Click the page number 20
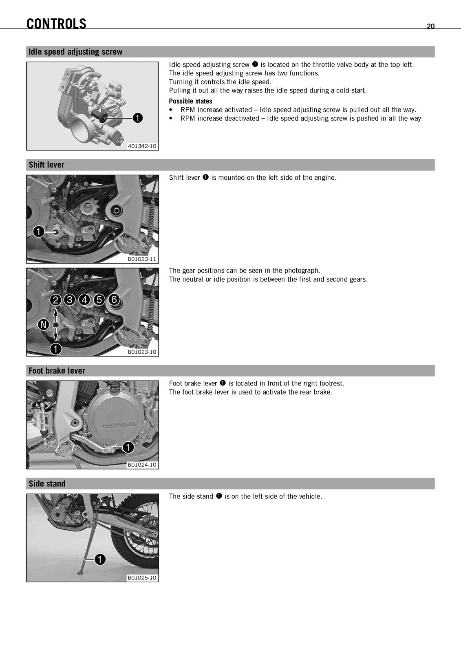click(430, 26)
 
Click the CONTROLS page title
click(56, 24)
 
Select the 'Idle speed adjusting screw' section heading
click(75, 52)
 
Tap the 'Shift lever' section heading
click(46, 165)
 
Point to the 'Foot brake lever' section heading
click(57, 370)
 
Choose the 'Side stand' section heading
click(47, 483)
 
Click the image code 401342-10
click(142, 146)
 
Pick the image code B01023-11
click(142, 259)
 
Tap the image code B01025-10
click(142, 577)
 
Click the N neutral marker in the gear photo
click(44, 324)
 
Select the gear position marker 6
click(114, 299)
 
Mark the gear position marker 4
click(84, 300)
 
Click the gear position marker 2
click(55, 300)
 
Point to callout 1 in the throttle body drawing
click(137, 118)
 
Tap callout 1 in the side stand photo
click(100, 559)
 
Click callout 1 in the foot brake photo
click(128, 447)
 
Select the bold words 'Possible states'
click(190, 101)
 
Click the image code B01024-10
click(142, 465)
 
